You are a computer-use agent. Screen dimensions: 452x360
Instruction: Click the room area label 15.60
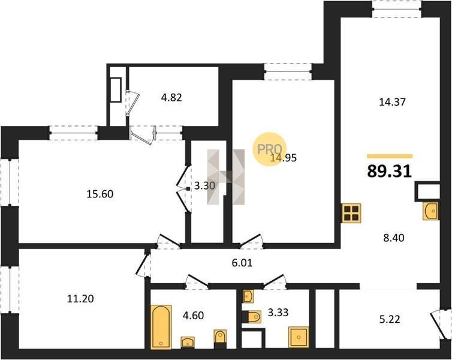click(x=100, y=194)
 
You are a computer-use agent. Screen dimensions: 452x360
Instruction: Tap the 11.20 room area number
click(x=80, y=299)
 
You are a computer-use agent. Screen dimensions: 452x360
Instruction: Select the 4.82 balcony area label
click(x=171, y=97)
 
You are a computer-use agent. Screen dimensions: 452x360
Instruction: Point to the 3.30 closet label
click(x=204, y=186)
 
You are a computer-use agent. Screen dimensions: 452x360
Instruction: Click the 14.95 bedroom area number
click(x=284, y=158)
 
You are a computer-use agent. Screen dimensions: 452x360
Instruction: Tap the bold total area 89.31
click(x=389, y=172)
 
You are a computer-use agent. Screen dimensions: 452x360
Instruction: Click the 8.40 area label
click(x=394, y=238)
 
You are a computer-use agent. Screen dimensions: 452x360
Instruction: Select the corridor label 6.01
click(x=242, y=263)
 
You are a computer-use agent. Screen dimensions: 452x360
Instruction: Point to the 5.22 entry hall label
click(x=390, y=320)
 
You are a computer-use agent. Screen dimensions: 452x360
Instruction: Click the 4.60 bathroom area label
click(x=194, y=315)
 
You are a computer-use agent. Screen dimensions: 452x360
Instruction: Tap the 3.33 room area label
click(x=278, y=313)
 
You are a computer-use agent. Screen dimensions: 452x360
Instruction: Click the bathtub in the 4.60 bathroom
click(x=161, y=326)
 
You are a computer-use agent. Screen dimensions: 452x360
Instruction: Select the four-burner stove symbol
click(x=351, y=213)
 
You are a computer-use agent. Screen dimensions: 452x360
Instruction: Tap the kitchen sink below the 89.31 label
click(x=430, y=211)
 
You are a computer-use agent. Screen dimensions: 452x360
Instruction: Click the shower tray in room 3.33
click(x=299, y=337)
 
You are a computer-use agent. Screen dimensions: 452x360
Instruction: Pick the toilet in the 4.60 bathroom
click(x=220, y=339)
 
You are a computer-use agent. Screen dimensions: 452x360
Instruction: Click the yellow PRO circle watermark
click(x=270, y=149)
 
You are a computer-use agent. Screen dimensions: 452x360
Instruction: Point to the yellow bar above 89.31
click(x=390, y=157)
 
